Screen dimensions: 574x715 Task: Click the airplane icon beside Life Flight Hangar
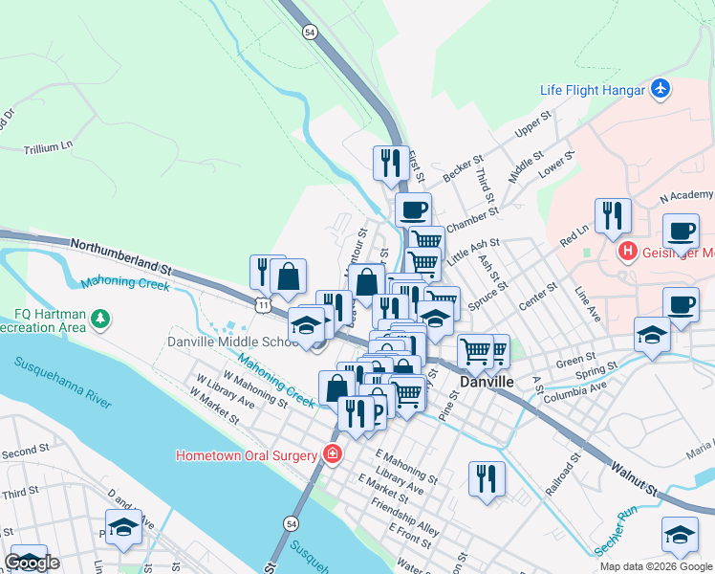(660, 89)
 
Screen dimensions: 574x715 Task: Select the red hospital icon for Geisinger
(628, 253)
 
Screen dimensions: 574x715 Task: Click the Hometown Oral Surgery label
(247, 455)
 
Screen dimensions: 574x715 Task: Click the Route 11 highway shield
(262, 303)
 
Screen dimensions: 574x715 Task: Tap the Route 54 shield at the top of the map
(309, 32)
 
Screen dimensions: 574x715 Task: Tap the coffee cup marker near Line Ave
(680, 303)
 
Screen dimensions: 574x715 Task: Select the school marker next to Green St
(652, 335)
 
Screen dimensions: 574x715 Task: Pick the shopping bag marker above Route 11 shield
(288, 276)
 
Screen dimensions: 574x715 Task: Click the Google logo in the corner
(32, 563)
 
